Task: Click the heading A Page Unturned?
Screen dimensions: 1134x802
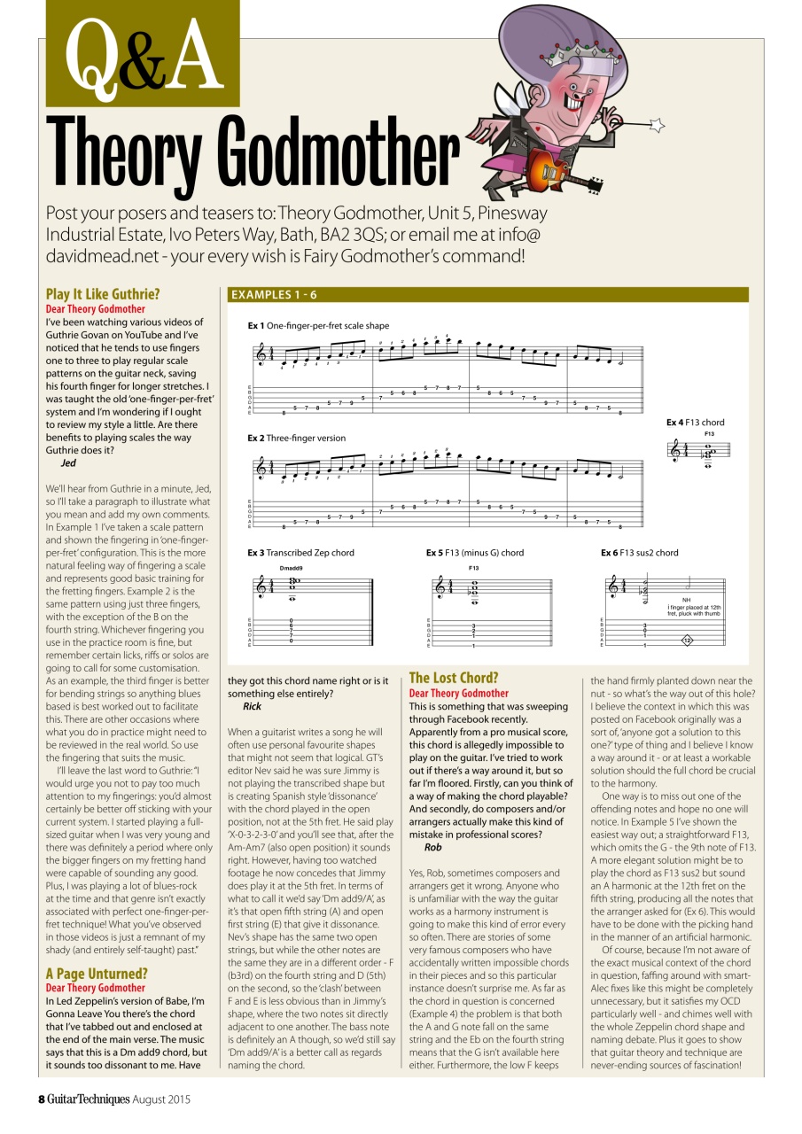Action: pos(97,974)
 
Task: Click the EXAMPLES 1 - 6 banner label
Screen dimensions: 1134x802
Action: pos(274,294)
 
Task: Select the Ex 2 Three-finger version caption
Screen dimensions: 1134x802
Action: pos(297,438)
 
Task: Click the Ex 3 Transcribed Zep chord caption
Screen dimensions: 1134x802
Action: pos(300,553)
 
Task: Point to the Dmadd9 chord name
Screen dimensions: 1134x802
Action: pos(291,567)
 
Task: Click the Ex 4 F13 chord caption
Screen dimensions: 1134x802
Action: pos(696,423)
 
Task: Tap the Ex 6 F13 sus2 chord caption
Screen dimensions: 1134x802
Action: pos(639,553)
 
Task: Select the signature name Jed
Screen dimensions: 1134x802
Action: pos(68,462)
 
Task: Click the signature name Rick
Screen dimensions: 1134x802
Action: pos(252,707)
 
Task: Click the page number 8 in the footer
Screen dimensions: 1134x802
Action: pos(41,1099)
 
